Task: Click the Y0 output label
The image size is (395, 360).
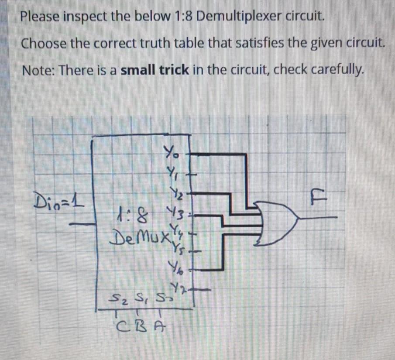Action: [x=170, y=154]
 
